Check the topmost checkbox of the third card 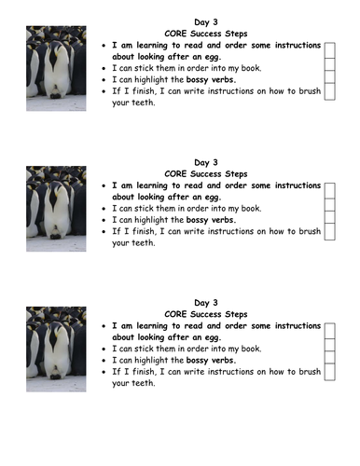[x=329, y=330]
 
